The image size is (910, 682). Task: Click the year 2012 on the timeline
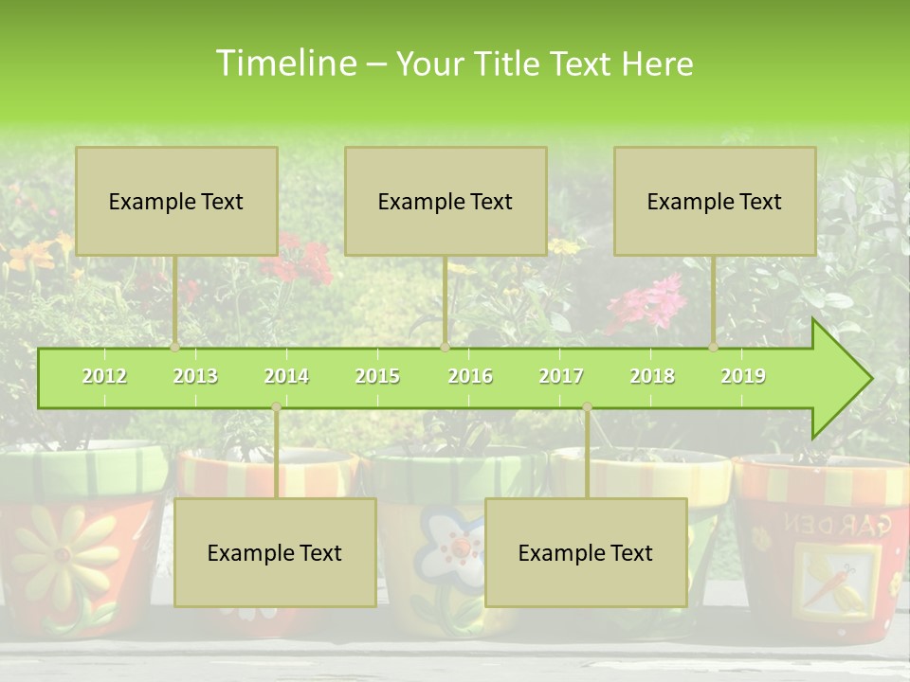point(104,376)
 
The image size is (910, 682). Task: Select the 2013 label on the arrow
point(195,376)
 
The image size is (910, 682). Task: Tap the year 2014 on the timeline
point(286,376)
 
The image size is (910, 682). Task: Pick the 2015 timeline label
point(377,376)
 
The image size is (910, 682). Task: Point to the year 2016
point(470,376)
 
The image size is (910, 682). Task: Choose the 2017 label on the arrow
point(561,376)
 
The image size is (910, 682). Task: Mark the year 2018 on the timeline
point(652,376)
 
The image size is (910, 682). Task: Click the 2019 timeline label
point(743,376)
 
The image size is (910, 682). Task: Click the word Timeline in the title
point(284,63)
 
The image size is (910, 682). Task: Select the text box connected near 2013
point(176,201)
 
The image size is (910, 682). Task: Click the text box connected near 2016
point(446,201)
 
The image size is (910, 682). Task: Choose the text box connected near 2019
point(715,201)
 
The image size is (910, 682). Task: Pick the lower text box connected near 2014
point(275,552)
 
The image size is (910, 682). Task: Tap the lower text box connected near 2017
point(586,552)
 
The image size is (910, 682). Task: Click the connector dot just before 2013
point(175,348)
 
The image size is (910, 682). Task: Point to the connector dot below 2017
point(587,407)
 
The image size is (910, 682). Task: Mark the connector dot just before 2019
point(714,348)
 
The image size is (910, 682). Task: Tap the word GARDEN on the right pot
point(834,523)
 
